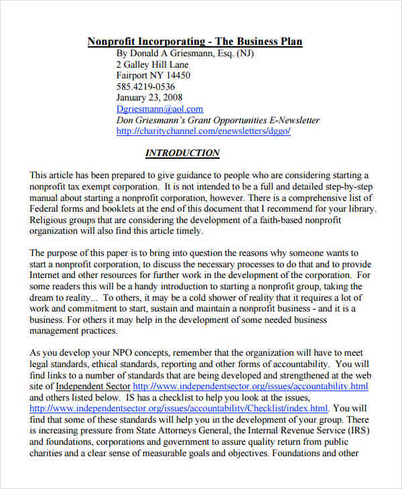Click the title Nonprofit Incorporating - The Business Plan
(195, 42)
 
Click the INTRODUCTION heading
(182, 153)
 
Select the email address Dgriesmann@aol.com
(159, 109)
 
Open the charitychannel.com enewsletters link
(204, 131)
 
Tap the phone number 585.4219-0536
(145, 86)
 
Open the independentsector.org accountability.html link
(251, 387)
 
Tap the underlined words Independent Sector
(93, 387)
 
